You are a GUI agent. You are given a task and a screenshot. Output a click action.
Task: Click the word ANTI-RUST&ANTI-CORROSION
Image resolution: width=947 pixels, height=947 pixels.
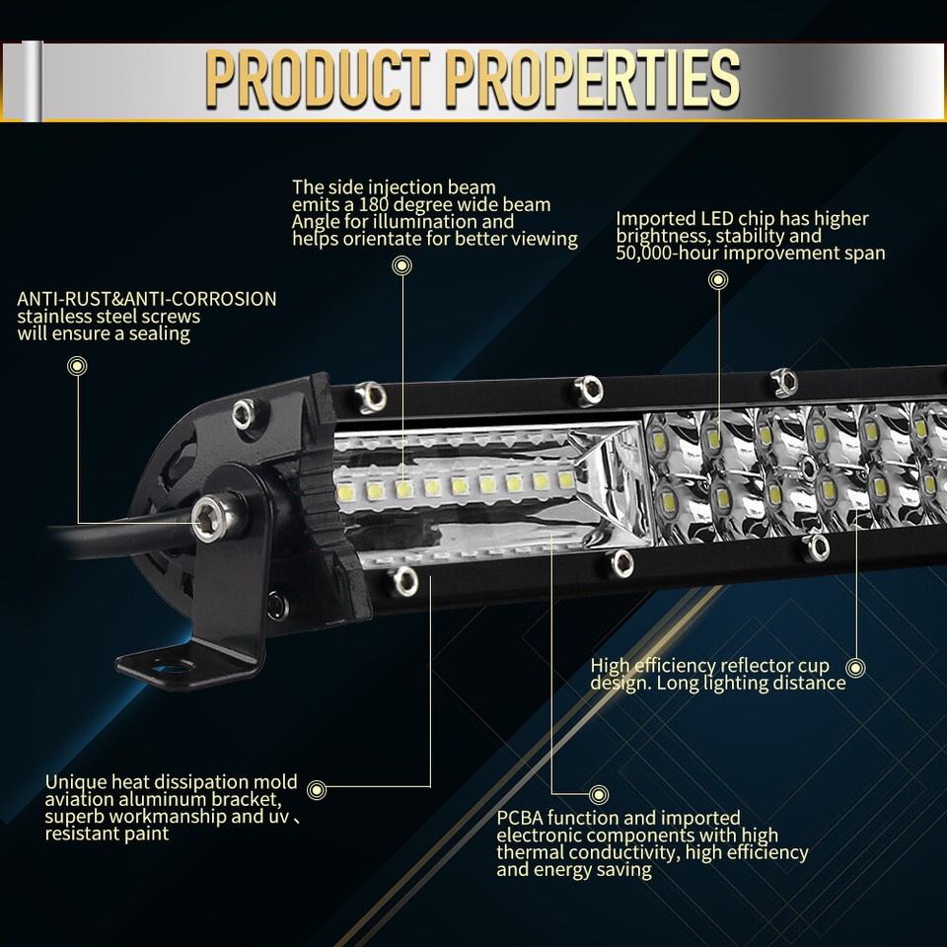coord(146,298)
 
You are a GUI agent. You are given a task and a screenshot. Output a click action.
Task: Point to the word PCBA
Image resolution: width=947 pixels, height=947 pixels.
coord(520,818)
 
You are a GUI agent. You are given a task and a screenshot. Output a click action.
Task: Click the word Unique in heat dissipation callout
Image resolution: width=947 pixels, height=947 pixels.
coord(74,782)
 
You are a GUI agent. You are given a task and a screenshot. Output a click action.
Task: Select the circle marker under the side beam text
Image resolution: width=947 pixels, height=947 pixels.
coord(401,265)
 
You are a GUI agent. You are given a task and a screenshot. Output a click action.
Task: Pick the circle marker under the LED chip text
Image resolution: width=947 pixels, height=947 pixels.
coord(718,281)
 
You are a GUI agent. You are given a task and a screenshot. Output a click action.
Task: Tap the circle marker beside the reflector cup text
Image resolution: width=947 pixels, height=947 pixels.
coord(854,668)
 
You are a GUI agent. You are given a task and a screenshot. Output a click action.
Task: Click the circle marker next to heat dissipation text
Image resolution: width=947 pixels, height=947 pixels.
coord(317,788)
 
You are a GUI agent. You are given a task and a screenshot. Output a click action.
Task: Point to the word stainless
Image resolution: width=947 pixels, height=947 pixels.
coord(56,317)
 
